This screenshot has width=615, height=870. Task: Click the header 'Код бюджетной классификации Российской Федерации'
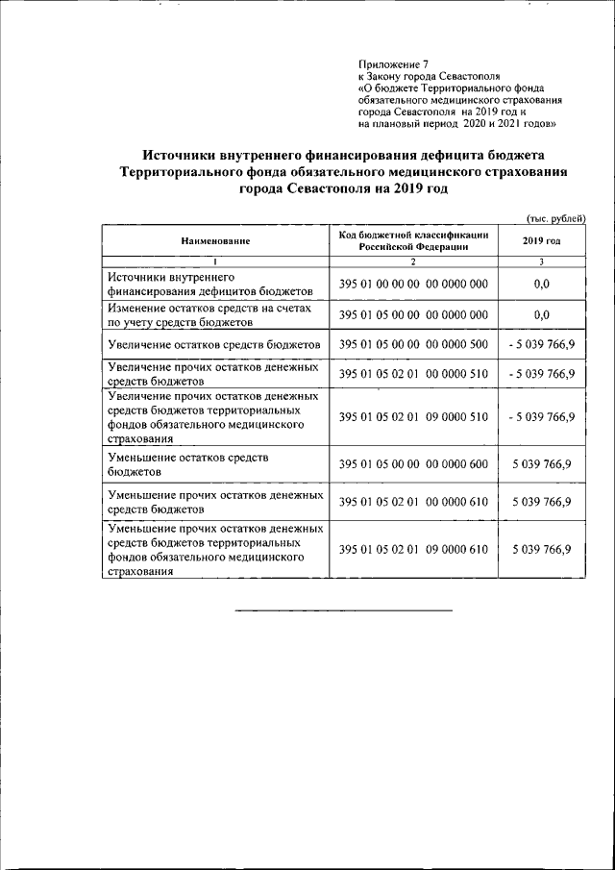(x=413, y=240)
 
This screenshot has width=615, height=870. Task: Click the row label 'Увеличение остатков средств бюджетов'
(x=213, y=344)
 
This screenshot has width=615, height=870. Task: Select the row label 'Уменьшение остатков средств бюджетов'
(x=192, y=464)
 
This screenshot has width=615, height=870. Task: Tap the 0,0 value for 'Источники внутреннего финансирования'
(x=541, y=284)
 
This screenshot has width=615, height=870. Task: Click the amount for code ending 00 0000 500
(x=541, y=344)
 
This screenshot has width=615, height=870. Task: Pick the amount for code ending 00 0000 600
(x=541, y=464)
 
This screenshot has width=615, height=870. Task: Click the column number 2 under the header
(x=413, y=262)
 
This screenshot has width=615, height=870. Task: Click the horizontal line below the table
(x=343, y=610)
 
